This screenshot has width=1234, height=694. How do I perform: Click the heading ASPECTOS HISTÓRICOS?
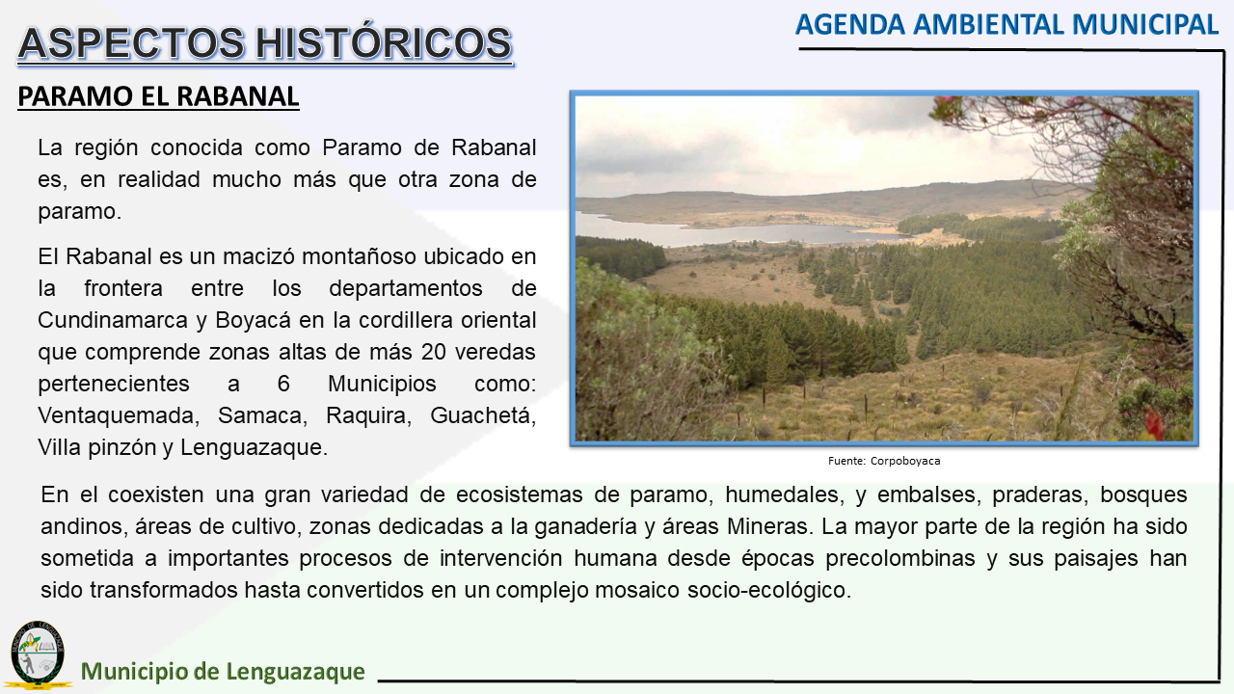(x=265, y=43)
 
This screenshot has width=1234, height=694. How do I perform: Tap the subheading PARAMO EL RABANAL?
(x=158, y=96)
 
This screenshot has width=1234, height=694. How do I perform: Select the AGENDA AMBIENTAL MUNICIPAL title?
(x=1006, y=25)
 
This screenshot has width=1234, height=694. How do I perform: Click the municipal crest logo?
(x=38, y=654)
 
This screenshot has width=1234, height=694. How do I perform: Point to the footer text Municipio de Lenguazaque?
(x=223, y=672)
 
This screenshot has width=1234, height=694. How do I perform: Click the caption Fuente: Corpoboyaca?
(x=884, y=461)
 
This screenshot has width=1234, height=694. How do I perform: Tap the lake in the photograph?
(x=733, y=233)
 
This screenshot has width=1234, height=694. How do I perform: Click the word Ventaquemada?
(x=119, y=415)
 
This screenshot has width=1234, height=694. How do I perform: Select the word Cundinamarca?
(x=113, y=320)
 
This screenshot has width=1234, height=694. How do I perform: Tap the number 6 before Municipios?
(x=283, y=384)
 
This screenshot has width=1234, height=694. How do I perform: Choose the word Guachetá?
(x=483, y=415)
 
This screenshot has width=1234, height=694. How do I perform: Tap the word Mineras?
(x=769, y=526)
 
